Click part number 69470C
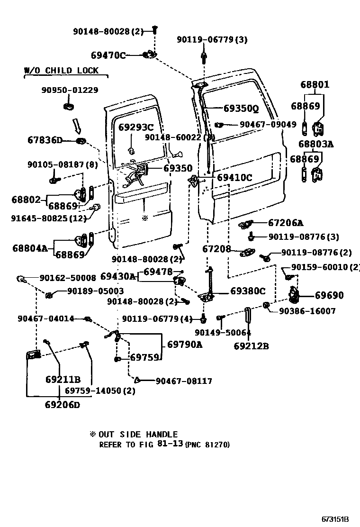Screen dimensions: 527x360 [x=108, y=55]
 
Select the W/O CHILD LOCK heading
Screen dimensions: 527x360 [x=62, y=71]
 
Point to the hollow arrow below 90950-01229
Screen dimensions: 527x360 [x=76, y=126]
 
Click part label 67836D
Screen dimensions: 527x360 [x=45, y=140]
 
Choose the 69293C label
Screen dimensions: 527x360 [x=136, y=127]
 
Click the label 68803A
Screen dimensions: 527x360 [x=315, y=144]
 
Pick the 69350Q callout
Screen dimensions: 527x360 [x=241, y=109]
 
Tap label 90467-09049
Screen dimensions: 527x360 [x=268, y=125]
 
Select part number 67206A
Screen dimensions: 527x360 [x=286, y=223]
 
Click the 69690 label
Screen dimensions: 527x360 [x=329, y=295]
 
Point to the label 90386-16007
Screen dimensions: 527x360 [x=307, y=311]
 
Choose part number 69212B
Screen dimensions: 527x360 [x=251, y=346]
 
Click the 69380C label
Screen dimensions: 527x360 [x=248, y=291]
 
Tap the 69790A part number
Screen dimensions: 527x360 [x=184, y=345]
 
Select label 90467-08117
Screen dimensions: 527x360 [x=184, y=381]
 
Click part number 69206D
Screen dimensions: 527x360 [x=63, y=405]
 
